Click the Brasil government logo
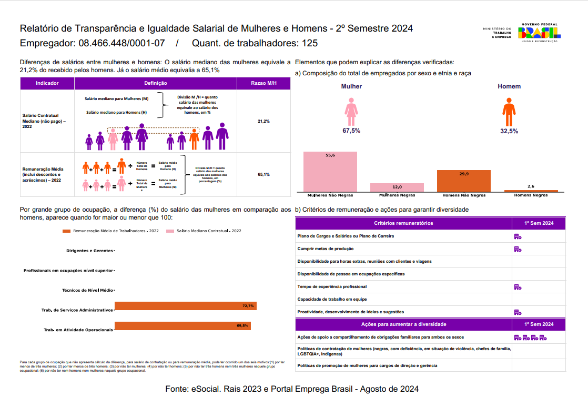tap(540, 32)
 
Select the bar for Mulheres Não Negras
tap(330, 172)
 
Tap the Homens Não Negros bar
tap(463, 181)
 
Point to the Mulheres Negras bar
tap(397, 187)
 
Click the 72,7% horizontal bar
tap(185, 306)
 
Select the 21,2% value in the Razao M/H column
tap(263, 122)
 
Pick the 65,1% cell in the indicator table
tap(263, 174)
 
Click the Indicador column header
tap(47, 84)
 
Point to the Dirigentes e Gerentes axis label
tap(89, 251)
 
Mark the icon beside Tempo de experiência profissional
tap(518, 287)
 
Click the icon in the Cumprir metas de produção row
tap(518, 249)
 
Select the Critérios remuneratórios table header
tap(403, 223)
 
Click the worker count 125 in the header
tap(310, 43)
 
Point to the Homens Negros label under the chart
tap(531, 195)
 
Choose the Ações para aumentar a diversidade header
tap(403, 324)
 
